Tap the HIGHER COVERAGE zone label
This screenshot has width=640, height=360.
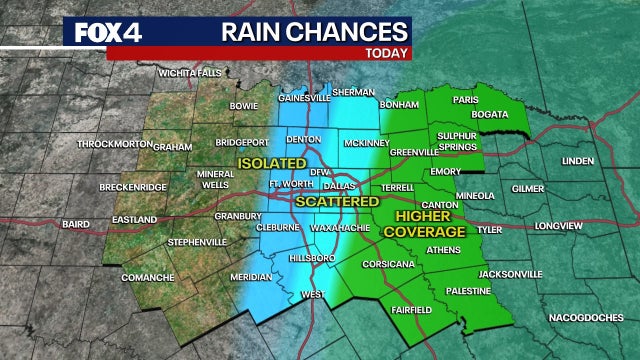click(431, 223)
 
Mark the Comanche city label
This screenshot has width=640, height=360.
click(148, 276)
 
